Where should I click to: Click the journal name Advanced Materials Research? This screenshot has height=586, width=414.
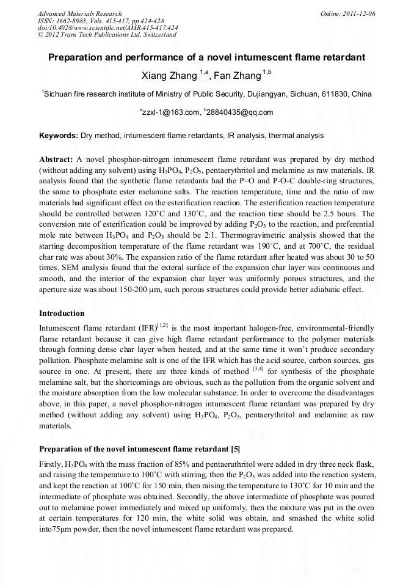click(x=79, y=13)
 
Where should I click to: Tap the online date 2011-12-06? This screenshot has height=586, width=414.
click(x=361, y=13)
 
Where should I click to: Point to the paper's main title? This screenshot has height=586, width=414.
click(x=206, y=57)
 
